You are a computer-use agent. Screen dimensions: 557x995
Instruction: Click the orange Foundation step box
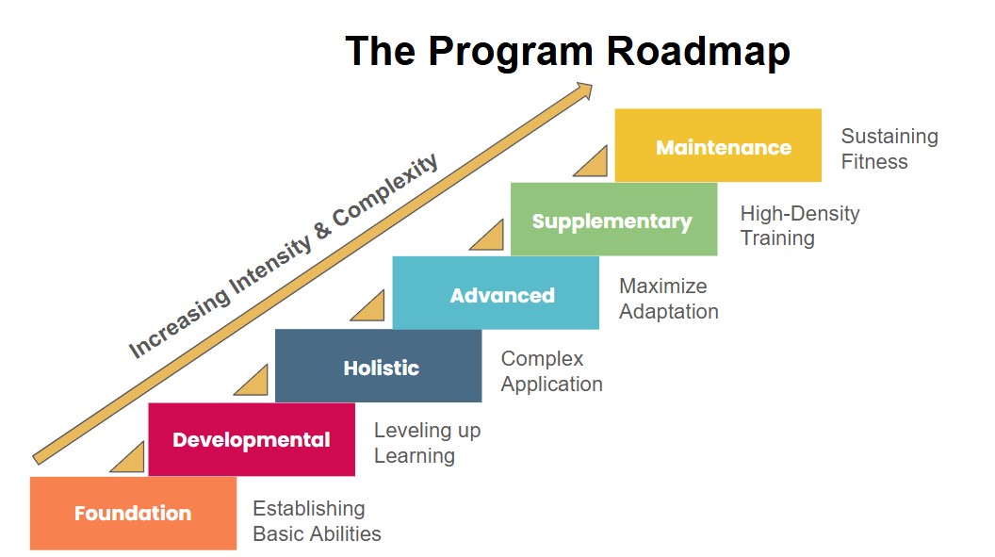pos(133,513)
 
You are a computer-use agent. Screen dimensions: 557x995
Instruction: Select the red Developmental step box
pos(252,439)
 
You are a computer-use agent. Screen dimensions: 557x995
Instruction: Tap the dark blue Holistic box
pos(378,366)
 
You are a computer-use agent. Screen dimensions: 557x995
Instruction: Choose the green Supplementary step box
pos(613,220)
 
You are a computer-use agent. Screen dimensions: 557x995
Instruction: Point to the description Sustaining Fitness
pos(889,149)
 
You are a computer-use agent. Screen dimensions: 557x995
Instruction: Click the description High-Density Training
pos(799,225)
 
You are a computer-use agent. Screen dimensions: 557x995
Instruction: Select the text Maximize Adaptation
pos(668,298)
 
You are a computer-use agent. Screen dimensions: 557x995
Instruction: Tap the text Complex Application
pos(551,371)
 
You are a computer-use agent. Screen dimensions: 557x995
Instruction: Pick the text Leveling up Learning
pos(427,443)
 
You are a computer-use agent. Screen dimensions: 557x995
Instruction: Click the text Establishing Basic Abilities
pos(317,521)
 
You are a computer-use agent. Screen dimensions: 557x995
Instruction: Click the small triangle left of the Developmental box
pos(131,461)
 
